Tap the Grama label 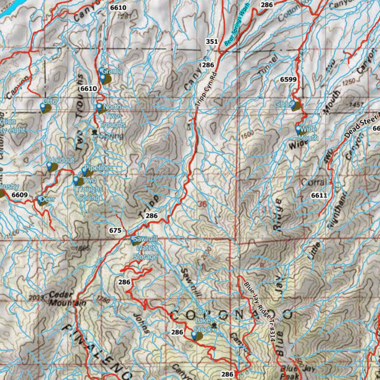point(112,71)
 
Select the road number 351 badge point(212,42)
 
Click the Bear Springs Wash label point(238,25)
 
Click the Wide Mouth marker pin point(298,130)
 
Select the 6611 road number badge point(319,195)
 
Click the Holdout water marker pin point(50,166)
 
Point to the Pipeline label point(97,168)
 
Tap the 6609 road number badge point(19,194)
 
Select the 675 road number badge point(115,230)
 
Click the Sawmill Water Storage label point(145,248)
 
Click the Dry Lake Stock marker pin point(194,336)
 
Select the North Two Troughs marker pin point(99,108)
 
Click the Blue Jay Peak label point(292,372)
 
